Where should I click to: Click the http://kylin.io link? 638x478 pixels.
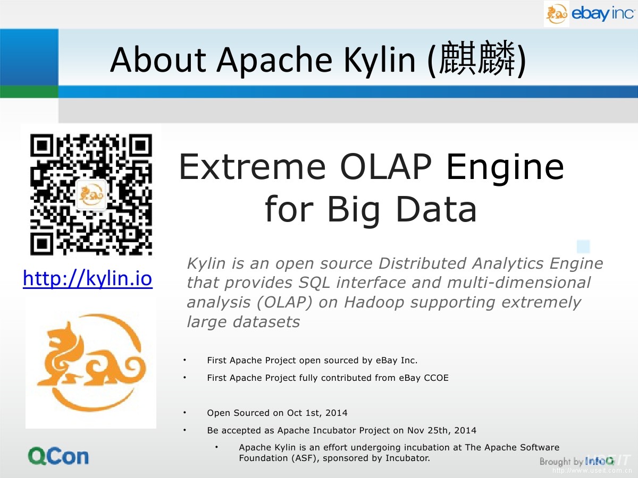coord(88,279)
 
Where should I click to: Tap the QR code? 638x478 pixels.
coord(91,194)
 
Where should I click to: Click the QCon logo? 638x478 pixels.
coord(58,456)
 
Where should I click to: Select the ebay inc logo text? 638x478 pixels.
coord(602,14)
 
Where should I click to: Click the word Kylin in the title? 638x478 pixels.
coord(380,61)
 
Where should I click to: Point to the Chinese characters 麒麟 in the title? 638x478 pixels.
coord(477,58)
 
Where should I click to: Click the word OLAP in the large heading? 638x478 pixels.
coord(385,167)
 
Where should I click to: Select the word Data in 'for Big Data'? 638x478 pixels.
coord(436,209)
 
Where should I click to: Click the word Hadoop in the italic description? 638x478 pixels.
coord(374,302)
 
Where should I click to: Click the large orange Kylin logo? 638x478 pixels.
coord(91,363)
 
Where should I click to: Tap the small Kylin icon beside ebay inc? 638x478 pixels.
coord(557,14)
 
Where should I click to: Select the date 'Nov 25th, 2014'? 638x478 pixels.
coord(442,430)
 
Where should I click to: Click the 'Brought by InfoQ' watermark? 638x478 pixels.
coord(577,461)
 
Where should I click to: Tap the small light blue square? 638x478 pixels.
coord(583,246)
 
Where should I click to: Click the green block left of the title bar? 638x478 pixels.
coord(29,92)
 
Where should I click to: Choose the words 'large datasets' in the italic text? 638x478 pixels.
coord(244,321)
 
